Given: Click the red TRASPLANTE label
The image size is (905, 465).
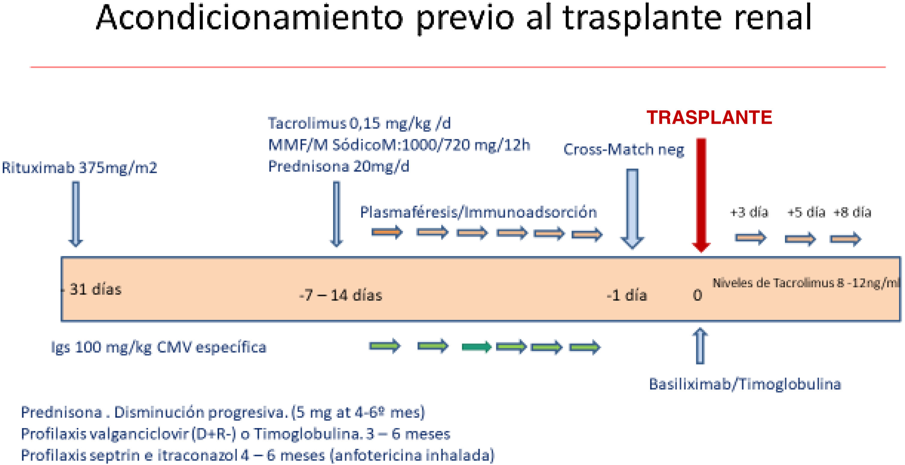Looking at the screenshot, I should click(x=709, y=117).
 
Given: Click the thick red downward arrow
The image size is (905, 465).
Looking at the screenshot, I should click(x=701, y=193).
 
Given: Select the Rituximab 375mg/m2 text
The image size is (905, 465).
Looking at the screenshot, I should click(x=79, y=168).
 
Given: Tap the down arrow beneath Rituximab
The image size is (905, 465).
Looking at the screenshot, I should click(x=76, y=213).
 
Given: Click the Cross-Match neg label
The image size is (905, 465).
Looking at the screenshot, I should click(x=624, y=149).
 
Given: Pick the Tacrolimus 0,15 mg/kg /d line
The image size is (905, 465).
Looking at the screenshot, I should click(x=359, y=123).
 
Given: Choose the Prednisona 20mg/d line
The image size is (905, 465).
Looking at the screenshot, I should click(x=339, y=166).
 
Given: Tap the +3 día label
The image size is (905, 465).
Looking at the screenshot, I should click(x=749, y=212).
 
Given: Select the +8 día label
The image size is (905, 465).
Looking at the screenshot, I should click(x=852, y=212).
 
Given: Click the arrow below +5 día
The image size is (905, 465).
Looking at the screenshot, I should click(x=800, y=239).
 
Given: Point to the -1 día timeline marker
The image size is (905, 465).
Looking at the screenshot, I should click(x=627, y=295).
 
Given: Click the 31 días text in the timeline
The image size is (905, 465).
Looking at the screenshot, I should click(x=95, y=289).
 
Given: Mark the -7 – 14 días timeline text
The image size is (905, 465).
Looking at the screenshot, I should click(x=341, y=295).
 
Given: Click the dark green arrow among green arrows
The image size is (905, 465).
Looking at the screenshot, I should click(x=476, y=347).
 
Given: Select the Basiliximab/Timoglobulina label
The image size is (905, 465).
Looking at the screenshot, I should click(x=745, y=384).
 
